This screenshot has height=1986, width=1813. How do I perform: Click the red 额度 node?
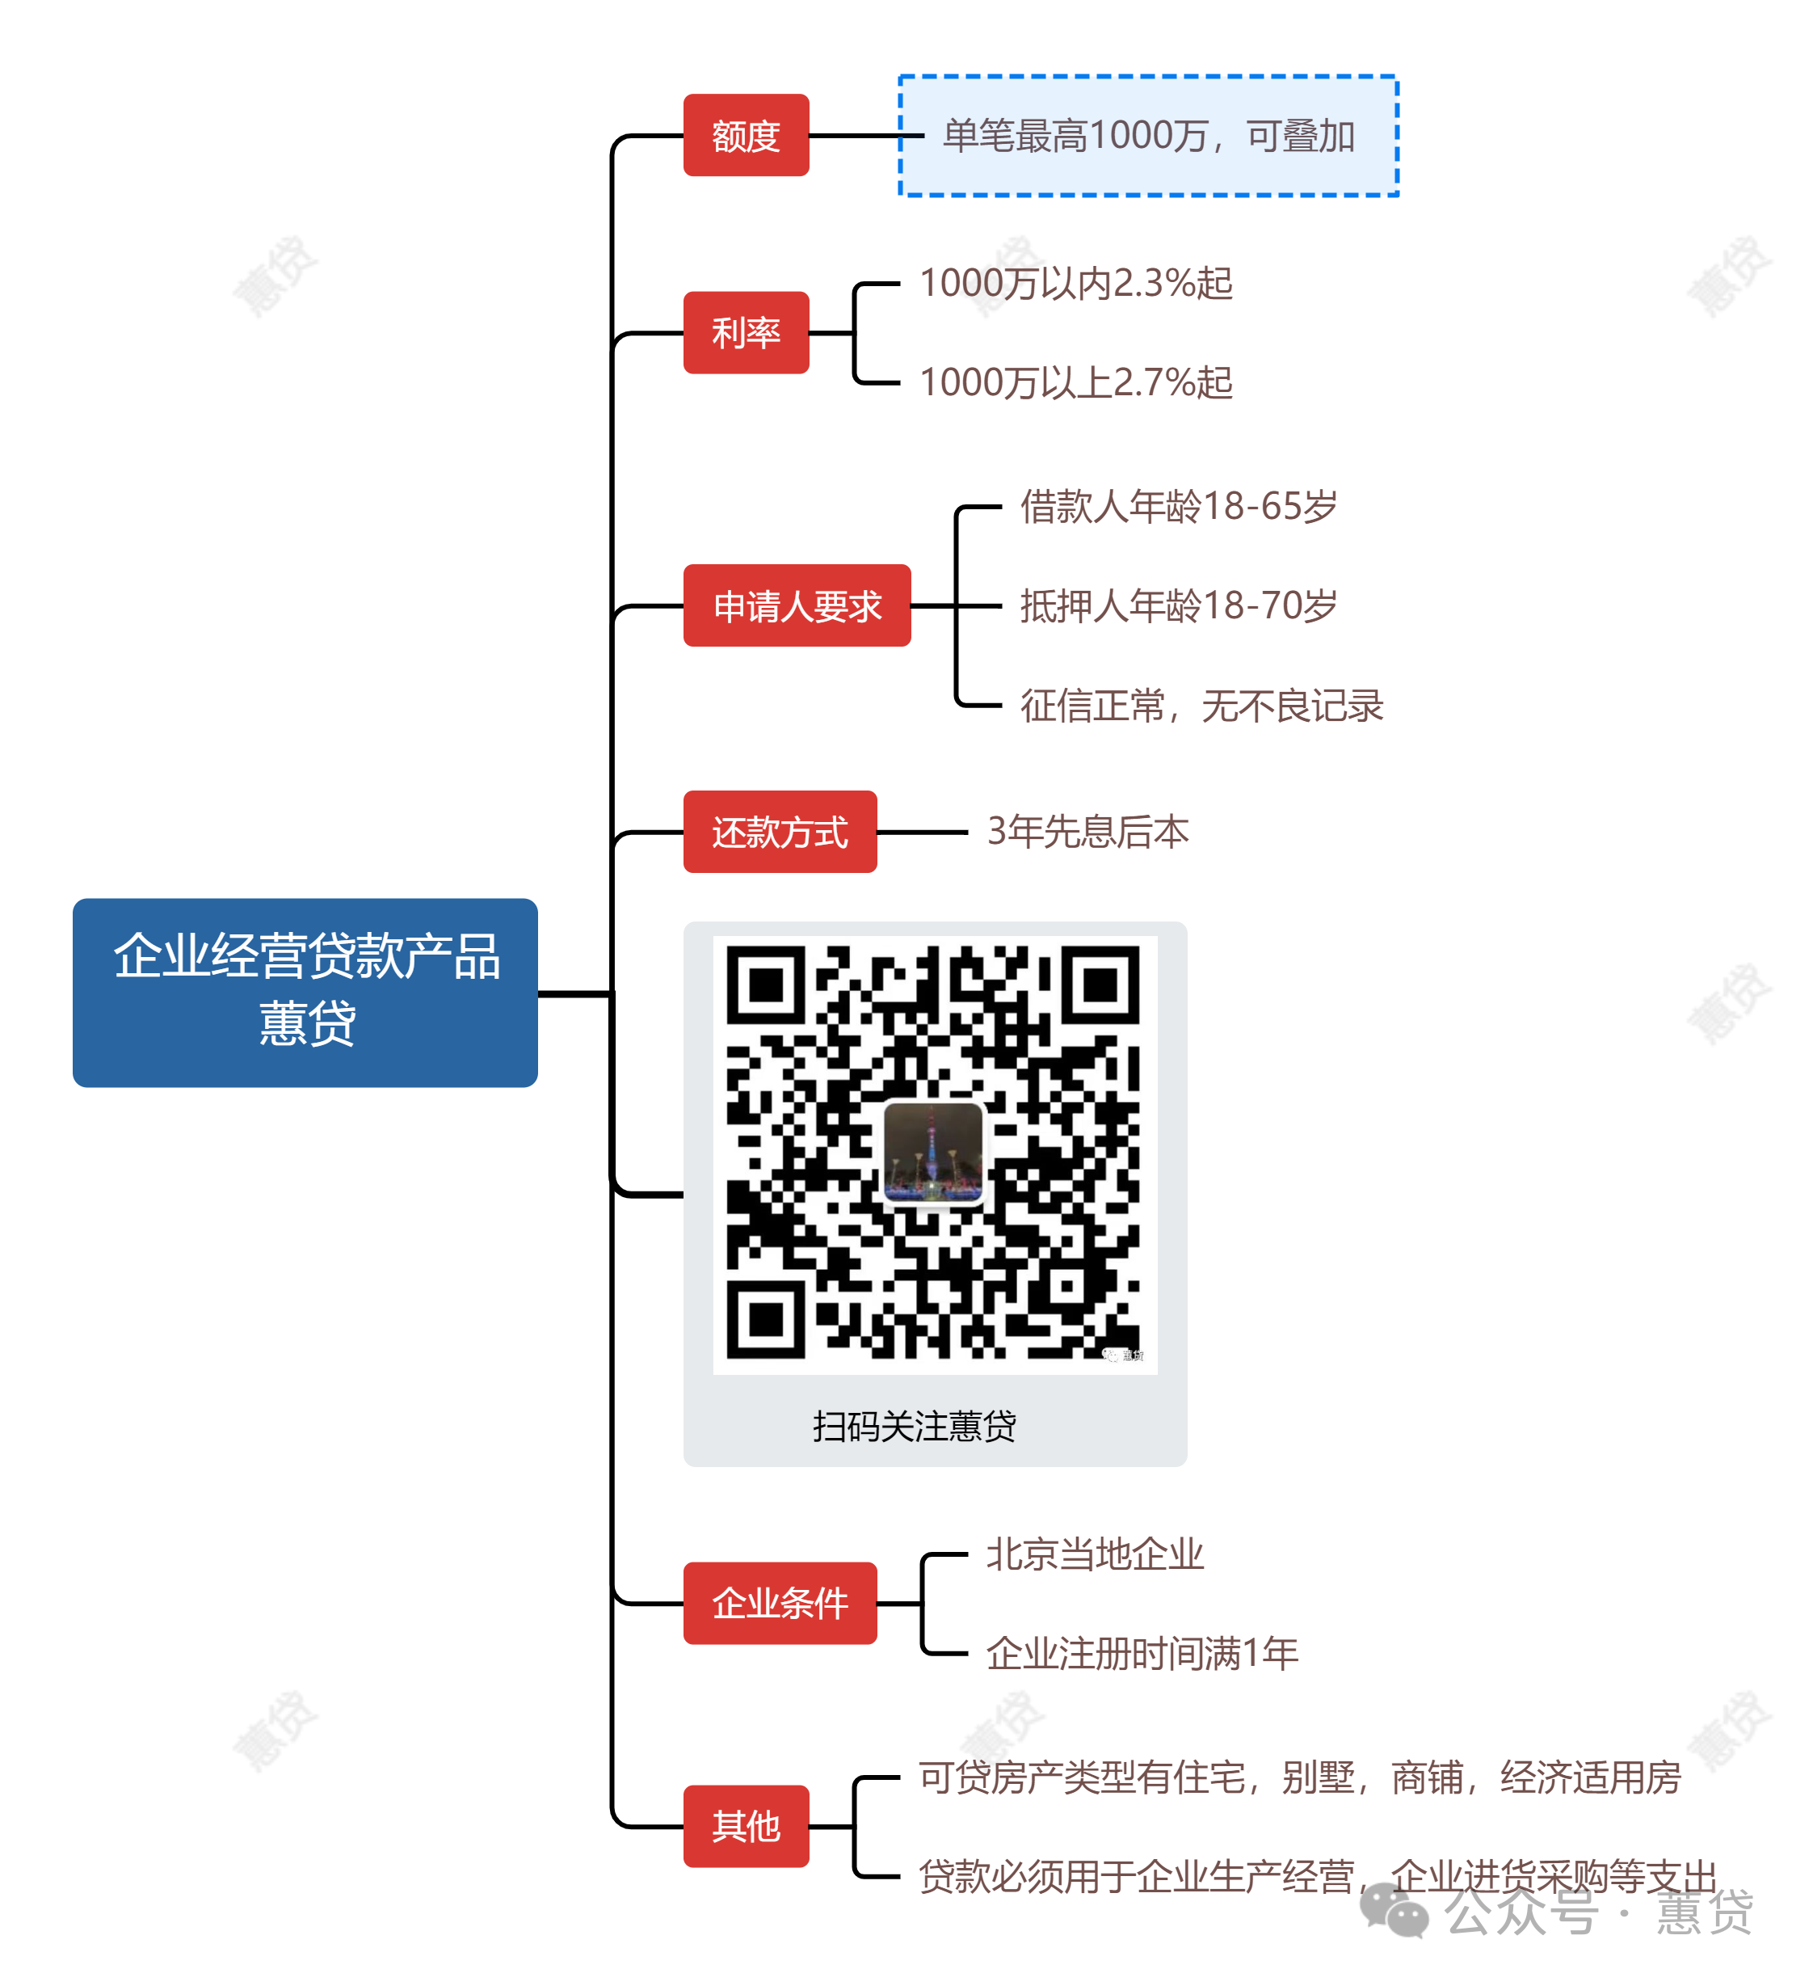746,135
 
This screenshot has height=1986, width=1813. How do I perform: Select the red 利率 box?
746,332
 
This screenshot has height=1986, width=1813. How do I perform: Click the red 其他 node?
746,1824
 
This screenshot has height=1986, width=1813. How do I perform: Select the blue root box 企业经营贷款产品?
305,991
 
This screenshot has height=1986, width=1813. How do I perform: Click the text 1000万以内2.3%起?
1075,283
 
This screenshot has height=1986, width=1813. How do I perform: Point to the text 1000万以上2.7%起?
1075,382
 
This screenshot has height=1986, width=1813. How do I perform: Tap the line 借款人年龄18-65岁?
1178,506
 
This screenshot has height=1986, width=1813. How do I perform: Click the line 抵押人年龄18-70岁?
1178,606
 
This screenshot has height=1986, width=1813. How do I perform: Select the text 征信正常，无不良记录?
1201,706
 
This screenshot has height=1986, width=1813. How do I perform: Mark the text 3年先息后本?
1087,832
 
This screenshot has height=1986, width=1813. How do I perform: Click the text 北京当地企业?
1094,1554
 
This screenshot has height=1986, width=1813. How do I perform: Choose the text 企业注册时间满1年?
1142,1652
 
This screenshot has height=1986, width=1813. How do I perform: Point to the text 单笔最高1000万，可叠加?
1148,136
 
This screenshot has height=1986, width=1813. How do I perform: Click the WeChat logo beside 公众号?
1393,1911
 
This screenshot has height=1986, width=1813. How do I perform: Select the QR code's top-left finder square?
765,985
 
